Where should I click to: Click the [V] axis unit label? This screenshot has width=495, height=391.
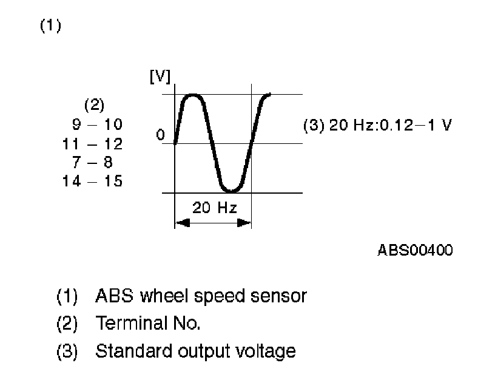(x=160, y=78)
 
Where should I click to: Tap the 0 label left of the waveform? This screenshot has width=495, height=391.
(x=160, y=135)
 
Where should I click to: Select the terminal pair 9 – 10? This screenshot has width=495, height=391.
(x=97, y=124)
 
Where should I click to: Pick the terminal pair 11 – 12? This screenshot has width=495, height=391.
(x=92, y=144)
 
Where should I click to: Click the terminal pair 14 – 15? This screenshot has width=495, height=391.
(x=92, y=181)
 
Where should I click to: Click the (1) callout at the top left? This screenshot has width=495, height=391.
(x=50, y=27)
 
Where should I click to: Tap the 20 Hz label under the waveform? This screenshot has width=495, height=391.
(x=214, y=208)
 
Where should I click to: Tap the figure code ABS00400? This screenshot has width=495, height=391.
(x=416, y=251)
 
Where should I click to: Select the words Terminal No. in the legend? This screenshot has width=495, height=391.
(x=147, y=324)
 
